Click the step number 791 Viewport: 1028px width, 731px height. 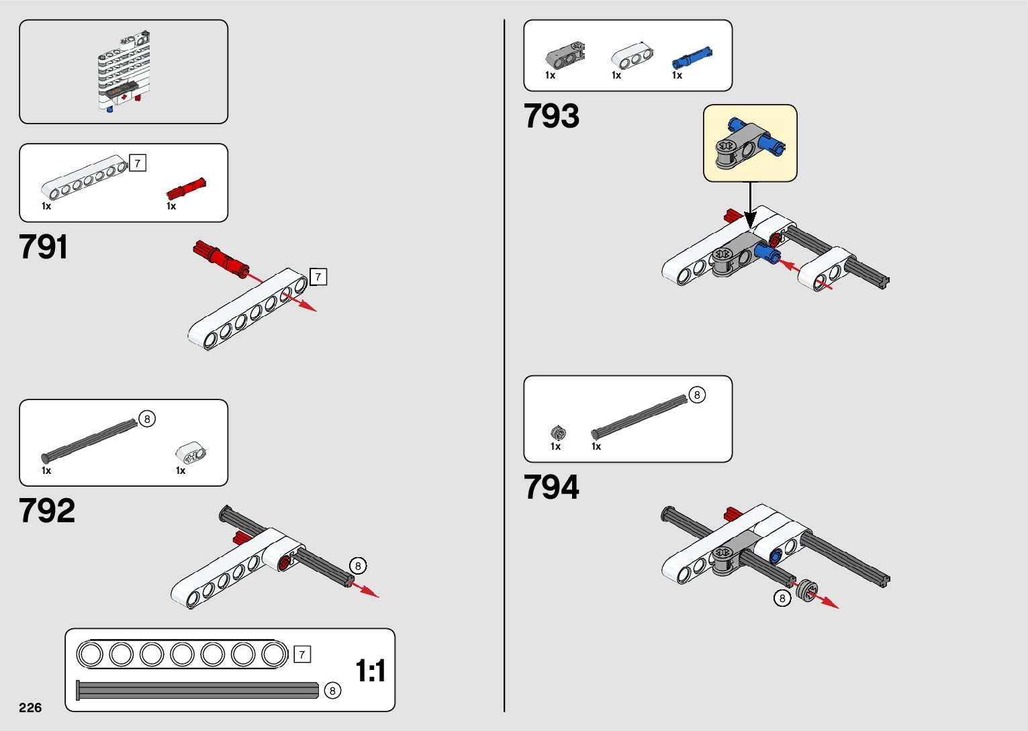coord(44,247)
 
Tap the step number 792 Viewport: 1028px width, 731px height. coord(47,511)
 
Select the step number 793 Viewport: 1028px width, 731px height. coord(551,116)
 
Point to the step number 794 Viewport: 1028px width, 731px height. coord(551,487)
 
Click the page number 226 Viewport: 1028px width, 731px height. coord(30,708)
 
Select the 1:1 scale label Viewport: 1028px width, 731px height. coord(370,671)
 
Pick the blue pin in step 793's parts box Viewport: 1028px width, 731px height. coord(692,58)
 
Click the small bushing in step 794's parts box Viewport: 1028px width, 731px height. coord(558,433)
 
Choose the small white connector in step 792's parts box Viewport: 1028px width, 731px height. coord(191,452)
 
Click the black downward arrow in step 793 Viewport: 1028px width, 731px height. coord(751,204)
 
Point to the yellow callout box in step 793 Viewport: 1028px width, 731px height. coord(750,143)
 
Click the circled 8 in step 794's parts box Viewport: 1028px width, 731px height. coord(697,395)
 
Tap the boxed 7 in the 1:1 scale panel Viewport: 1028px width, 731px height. coord(302,654)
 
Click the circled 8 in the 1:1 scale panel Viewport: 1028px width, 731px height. coord(332,691)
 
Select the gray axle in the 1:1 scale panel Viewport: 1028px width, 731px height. coord(198,690)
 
